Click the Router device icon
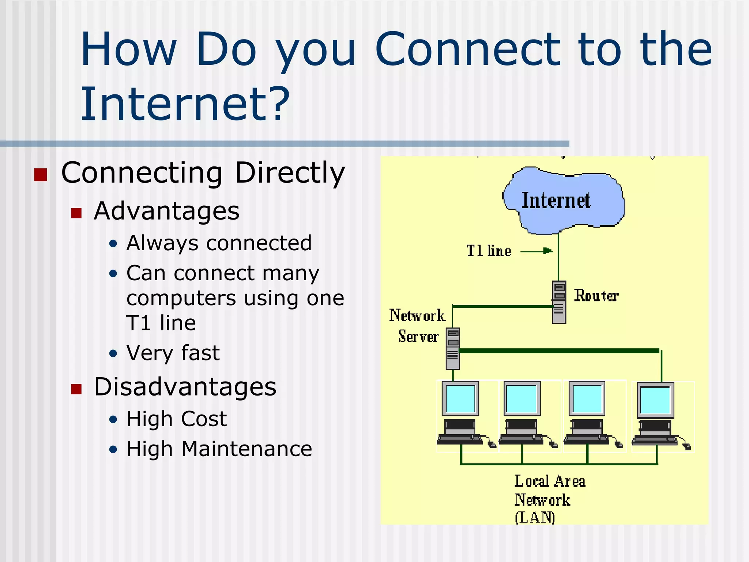[559, 302]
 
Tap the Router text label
[596, 296]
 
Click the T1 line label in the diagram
[489, 251]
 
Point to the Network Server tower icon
[453, 348]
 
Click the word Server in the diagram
[418, 336]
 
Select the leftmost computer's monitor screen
[460, 399]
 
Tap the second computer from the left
[522, 413]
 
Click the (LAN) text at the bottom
[535, 517]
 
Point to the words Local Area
[550, 481]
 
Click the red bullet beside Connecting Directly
[41, 175]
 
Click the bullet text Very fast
[173, 353]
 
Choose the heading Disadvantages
[185, 387]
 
